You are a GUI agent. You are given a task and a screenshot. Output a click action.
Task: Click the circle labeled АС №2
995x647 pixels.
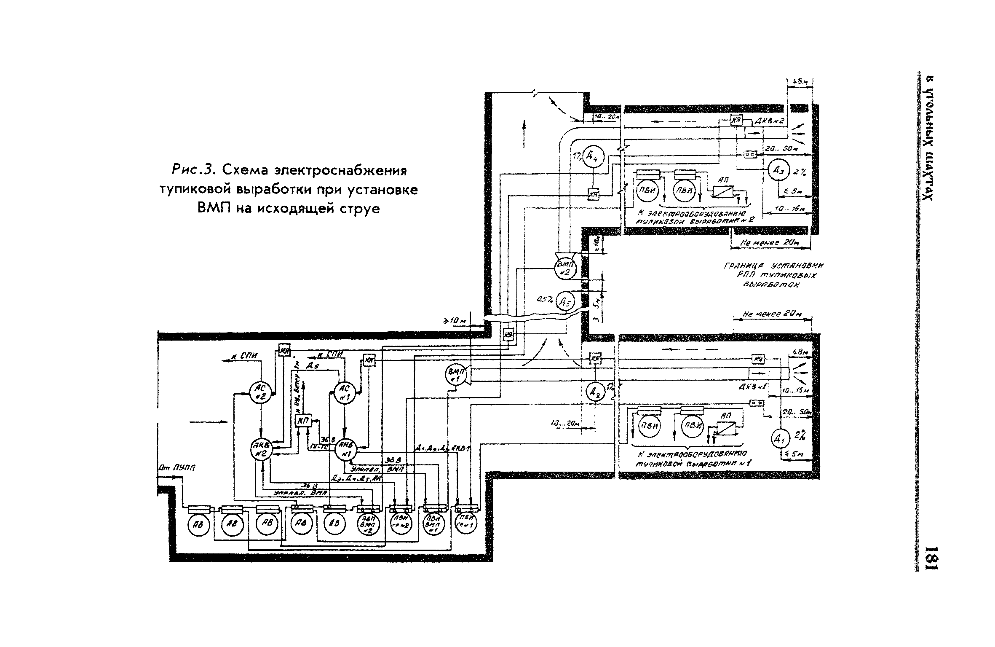261,393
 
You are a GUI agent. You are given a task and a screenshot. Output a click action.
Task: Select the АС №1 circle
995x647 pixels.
345,393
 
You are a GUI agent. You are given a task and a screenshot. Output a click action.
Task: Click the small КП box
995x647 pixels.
302,421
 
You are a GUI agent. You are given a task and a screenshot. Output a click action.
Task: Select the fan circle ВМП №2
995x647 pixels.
564,268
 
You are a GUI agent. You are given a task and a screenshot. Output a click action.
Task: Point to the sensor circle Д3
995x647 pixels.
778,169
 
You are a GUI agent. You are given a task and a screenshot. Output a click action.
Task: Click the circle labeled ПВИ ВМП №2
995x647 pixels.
368,525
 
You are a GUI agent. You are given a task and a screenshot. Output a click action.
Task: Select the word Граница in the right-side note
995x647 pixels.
744,266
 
